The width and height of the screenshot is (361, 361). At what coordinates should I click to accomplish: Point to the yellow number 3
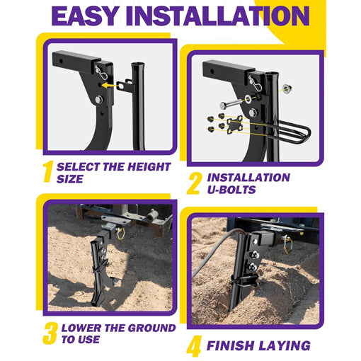49,333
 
